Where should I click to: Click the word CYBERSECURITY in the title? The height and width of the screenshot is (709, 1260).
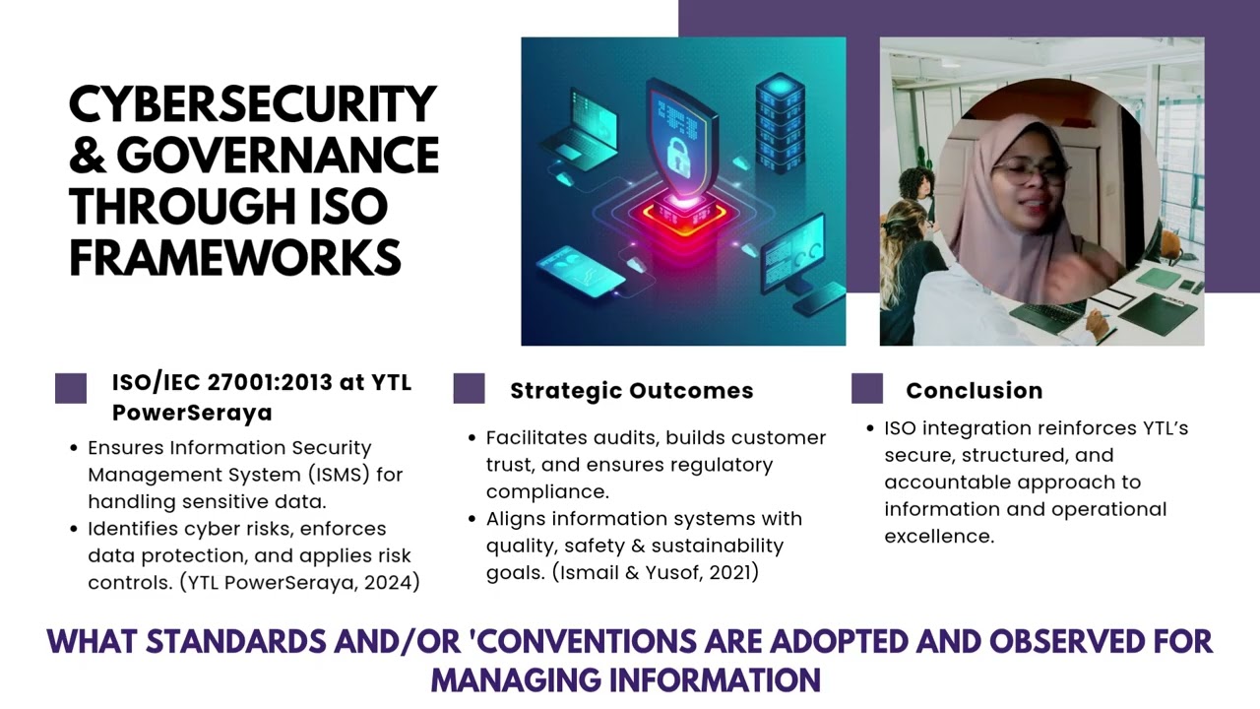[252, 105]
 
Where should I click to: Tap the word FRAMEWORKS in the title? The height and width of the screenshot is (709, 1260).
[235, 258]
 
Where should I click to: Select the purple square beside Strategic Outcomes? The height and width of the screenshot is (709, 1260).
[469, 388]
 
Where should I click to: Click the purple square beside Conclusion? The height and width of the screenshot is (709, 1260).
[866, 388]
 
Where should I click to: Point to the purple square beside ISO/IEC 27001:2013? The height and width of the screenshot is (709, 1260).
[71, 388]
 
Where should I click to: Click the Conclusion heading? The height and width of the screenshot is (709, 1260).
[974, 391]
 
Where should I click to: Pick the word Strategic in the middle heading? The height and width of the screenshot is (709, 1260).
[566, 391]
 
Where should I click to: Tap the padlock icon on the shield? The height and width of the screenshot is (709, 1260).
[678, 155]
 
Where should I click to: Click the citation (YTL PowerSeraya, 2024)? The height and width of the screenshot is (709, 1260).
[299, 582]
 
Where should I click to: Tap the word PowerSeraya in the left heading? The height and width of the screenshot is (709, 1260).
[192, 413]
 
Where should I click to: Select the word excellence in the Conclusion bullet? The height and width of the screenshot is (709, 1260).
[938, 537]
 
